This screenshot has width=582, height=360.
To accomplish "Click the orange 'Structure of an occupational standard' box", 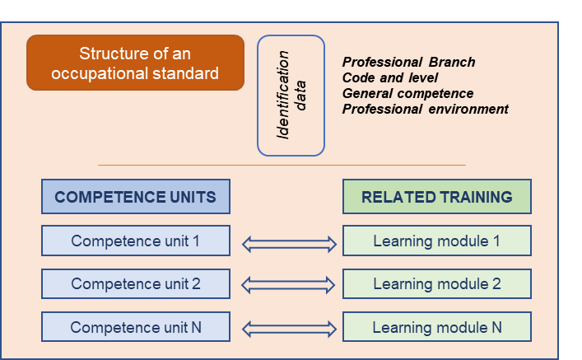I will pos(136,63).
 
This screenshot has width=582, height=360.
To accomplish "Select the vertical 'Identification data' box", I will pos(291,96).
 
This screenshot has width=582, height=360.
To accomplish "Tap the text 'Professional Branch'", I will pos(408,63).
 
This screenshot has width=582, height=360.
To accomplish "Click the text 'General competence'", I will pos(407,94).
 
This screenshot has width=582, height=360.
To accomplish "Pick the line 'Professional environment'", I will pos(425,110).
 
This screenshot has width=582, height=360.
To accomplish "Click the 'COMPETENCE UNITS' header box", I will pos(136,198).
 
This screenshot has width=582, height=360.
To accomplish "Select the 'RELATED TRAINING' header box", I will pos(436,198).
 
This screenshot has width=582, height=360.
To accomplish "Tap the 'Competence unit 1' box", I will pos(136,241).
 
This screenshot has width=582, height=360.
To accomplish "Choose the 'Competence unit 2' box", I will pos(136,284).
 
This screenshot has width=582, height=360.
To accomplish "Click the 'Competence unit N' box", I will pos(136,327).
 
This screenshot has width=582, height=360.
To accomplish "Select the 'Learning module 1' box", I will pos(436,241).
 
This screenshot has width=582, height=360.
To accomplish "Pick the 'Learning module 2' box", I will pos(436,284).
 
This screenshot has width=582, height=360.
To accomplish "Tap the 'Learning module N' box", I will pos(436,327).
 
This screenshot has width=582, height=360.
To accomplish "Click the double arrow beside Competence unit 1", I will pos(289,244).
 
